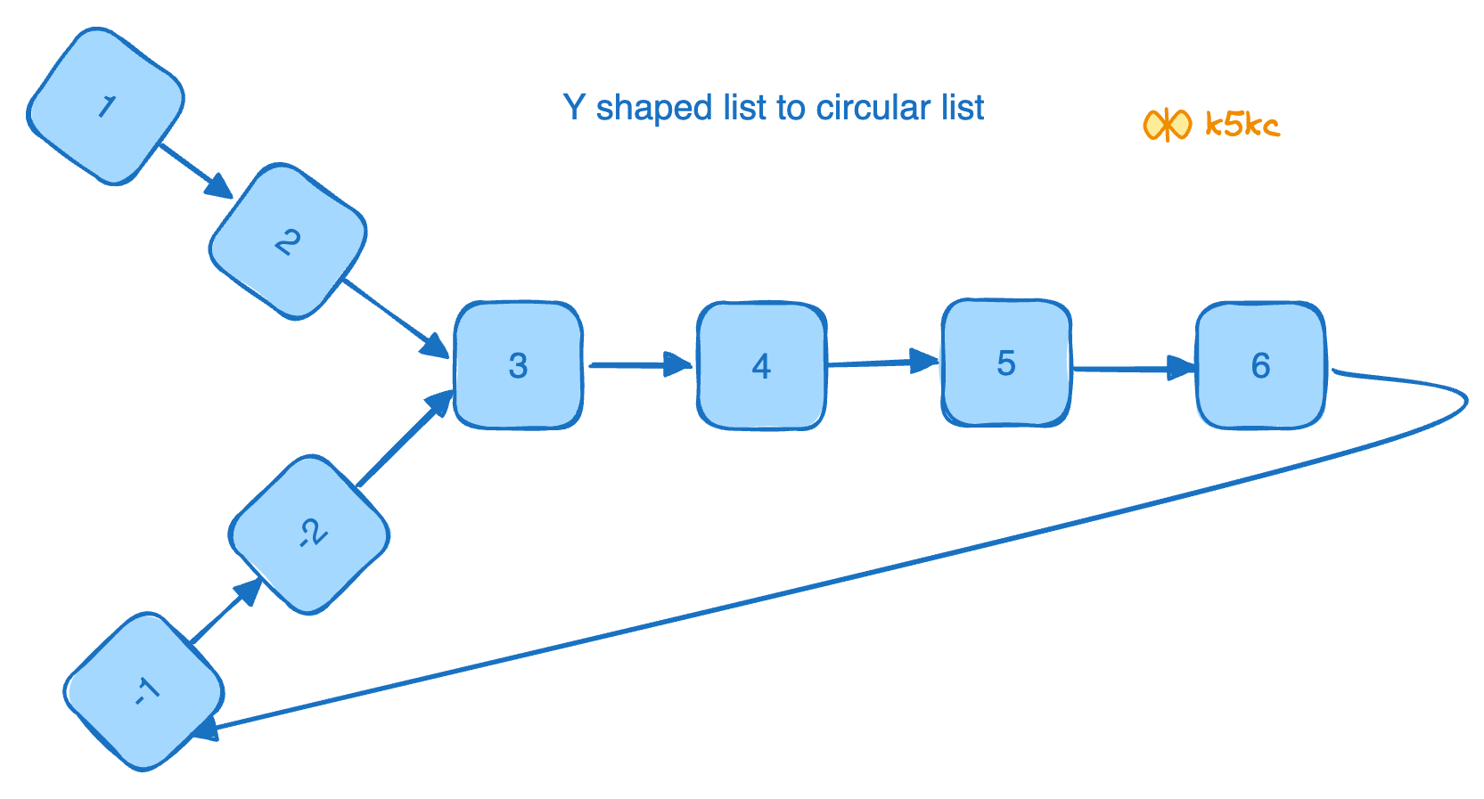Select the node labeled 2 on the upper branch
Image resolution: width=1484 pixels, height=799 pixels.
287,241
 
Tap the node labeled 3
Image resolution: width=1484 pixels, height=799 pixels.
518,365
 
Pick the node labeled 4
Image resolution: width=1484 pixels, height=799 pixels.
761,365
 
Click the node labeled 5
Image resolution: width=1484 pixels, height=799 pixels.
1006,363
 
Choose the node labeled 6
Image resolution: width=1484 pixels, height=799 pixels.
1260,365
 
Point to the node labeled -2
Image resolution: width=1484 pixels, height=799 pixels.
309,534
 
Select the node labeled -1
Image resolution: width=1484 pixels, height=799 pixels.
144,691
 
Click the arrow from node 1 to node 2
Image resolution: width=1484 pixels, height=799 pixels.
194,170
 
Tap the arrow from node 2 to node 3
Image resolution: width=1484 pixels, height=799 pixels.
394,316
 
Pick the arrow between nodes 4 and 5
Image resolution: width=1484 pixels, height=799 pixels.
882,362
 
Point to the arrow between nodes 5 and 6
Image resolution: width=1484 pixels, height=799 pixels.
1132,368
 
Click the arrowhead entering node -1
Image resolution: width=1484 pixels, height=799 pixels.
205,730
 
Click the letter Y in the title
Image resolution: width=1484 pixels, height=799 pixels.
574,108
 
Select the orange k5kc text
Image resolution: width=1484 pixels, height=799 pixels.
1242,124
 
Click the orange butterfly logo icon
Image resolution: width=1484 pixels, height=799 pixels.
1167,125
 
